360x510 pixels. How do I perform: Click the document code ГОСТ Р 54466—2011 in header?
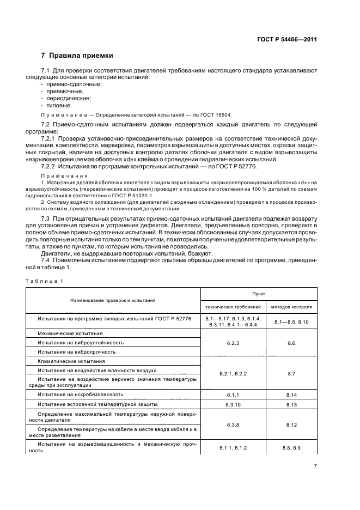286,39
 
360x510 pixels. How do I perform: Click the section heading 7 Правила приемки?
77,56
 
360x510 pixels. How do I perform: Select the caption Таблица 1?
45,281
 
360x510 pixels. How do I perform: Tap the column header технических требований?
233,307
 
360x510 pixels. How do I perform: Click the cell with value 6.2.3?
233,343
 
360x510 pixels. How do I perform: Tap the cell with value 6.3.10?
233,404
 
